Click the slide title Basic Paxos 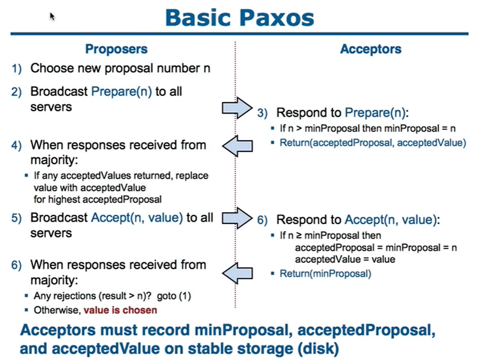coord(239,18)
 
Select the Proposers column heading coord(117,49)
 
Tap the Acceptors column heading coord(371,49)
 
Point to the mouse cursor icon coord(52,17)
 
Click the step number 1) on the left coord(17,68)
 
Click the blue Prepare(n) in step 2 coord(122,92)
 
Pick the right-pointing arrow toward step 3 coord(237,108)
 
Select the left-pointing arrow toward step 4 coord(237,146)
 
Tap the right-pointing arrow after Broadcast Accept coord(237,218)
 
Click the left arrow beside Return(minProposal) coord(237,273)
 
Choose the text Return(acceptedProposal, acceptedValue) coord(373,143)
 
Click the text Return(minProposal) coord(325,274)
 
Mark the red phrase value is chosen coord(120,310)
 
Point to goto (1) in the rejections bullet coord(174,296)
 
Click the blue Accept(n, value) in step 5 coord(137,218)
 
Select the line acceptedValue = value coord(345,259)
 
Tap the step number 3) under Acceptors coord(262,113)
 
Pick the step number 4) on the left coord(17,145)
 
